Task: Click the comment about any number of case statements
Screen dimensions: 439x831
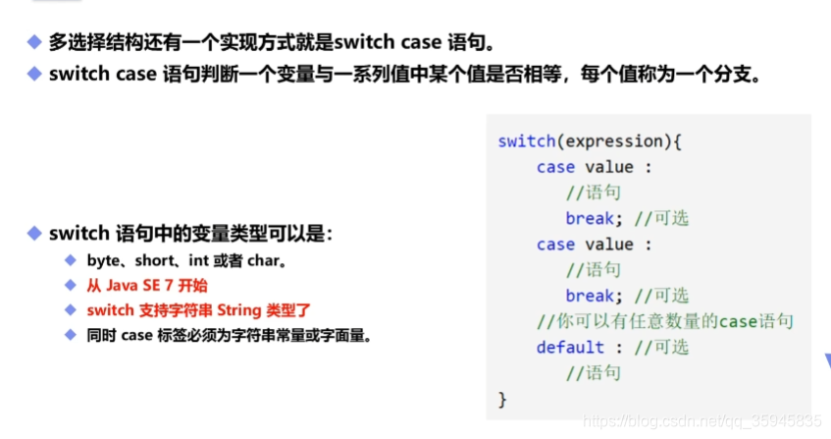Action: (x=664, y=321)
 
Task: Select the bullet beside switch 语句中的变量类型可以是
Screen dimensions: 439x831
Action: (x=33, y=234)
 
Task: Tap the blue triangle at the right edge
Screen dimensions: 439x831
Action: (x=825, y=359)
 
